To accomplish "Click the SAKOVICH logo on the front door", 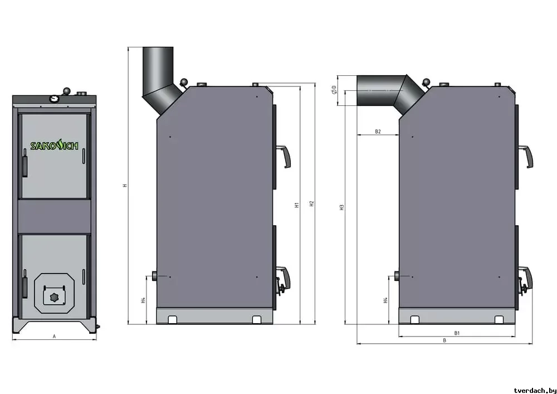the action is pyautogui.click(x=54, y=145).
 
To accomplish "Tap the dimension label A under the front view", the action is pyautogui.click(x=55, y=336).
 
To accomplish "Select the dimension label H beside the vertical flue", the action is pyautogui.click(x=125, y=185).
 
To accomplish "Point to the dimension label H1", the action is pyautogui.click(x=297, y=205).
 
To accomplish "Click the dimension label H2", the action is pyautogui.click(x=311, y=204).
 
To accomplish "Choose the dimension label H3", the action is pyautogui.click(x=342, y=207).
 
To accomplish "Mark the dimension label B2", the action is pyautogui.click(x=378, y=132).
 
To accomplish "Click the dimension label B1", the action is pyautogui.click(x=457, y=333).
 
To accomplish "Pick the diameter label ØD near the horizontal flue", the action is pyautogui.click(x=334, y=90).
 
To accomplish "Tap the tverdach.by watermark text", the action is pyautogui.click(x=534, y=390).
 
